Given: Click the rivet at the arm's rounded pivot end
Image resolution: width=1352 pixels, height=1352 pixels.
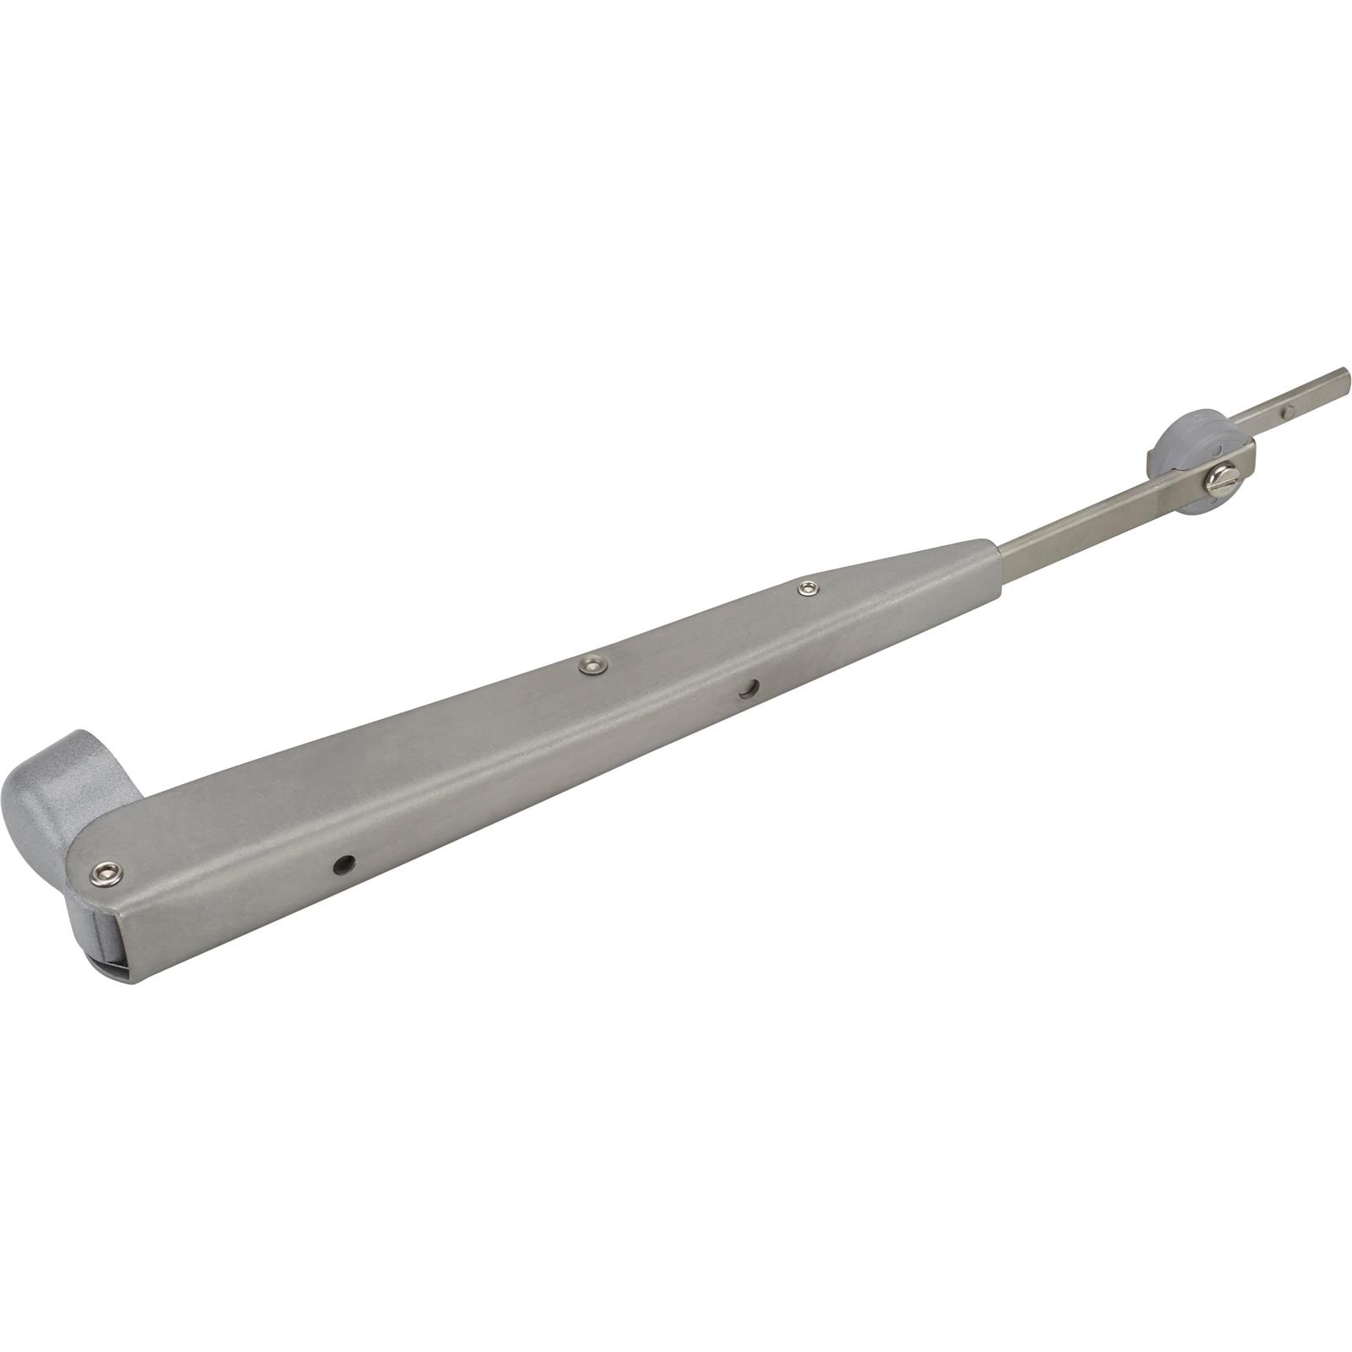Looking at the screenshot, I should (106, 871).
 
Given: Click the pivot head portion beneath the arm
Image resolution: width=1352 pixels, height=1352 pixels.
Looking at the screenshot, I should (84, 929).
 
